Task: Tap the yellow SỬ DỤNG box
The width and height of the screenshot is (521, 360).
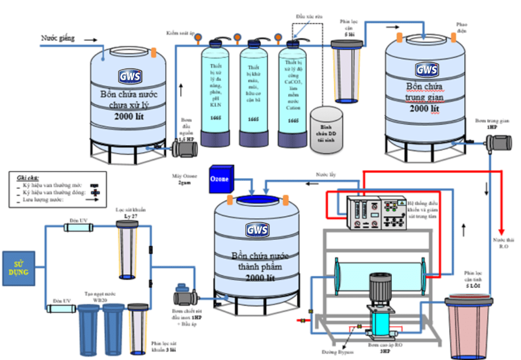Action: click(x=20, y=269)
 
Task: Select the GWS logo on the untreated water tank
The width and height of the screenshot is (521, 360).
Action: click(x=130, y=76)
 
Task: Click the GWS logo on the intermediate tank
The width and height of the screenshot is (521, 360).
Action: click(x=427, y=70)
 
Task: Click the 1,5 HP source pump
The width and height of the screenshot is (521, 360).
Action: click(x=181, y=147)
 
